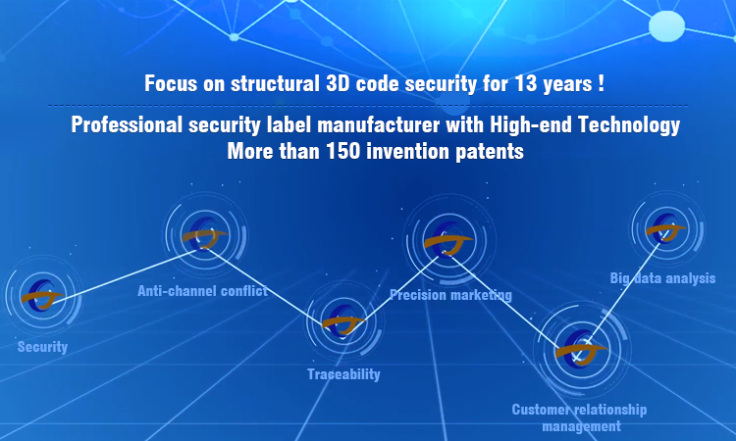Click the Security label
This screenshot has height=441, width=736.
pos(43,347)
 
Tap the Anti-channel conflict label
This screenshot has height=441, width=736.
pos(202,291)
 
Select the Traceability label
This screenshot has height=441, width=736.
pos(343,374)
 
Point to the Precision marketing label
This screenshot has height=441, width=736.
pos(450,295)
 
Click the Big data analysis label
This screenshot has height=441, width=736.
pos(662,278)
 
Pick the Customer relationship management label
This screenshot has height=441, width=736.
pos(579,418)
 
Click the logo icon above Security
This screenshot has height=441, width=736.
pos(42,295)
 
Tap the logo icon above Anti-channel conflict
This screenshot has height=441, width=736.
pos(205,234)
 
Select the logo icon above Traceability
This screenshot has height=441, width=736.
pos(343,321)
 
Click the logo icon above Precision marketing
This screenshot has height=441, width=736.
pos(448,240)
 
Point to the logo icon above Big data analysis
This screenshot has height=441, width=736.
pos(665,228)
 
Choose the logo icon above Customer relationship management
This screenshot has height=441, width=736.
pos(581,347)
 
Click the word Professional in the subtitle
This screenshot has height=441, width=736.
pos(127,124)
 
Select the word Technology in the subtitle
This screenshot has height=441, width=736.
pos(629,125)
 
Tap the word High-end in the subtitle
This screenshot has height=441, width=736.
pos(530,125)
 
